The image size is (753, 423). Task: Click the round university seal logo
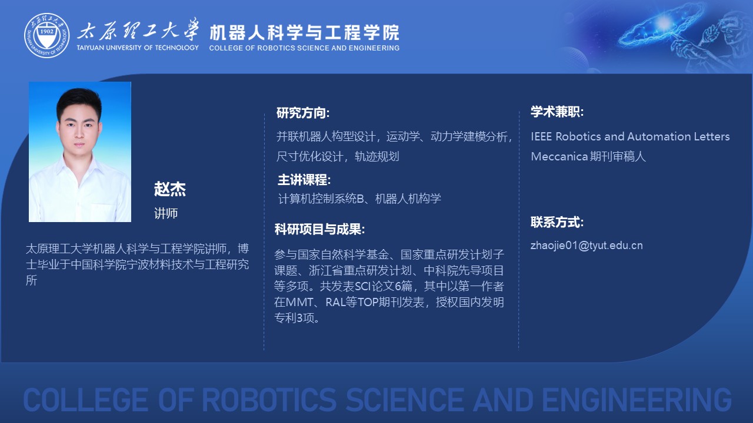coord(46,35)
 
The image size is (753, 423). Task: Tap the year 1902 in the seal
coord(46,31)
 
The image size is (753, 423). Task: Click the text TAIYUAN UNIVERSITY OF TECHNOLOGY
coord(138,48)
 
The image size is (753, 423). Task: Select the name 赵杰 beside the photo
coord(170,189)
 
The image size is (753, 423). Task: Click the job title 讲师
coord(166,213)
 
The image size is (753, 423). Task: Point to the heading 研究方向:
coord(303,113)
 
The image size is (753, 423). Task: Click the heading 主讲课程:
coord(304,180)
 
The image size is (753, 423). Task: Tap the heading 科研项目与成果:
coord(319,229)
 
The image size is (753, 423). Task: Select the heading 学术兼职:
coord(557,112)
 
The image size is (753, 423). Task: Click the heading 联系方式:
coord(557,222)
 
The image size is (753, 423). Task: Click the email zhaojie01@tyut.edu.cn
coord(587,246)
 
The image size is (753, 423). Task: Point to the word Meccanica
coord(559,156)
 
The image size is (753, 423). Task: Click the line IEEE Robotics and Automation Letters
coord(630,137)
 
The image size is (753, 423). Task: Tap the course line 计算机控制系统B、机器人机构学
coord(359,199)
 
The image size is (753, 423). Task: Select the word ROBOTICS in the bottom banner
coord(269,399)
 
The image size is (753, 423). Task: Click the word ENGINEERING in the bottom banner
coord(637,399)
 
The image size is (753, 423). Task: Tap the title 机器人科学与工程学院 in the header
coord(304,32)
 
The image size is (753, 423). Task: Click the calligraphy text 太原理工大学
coord(138,30)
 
